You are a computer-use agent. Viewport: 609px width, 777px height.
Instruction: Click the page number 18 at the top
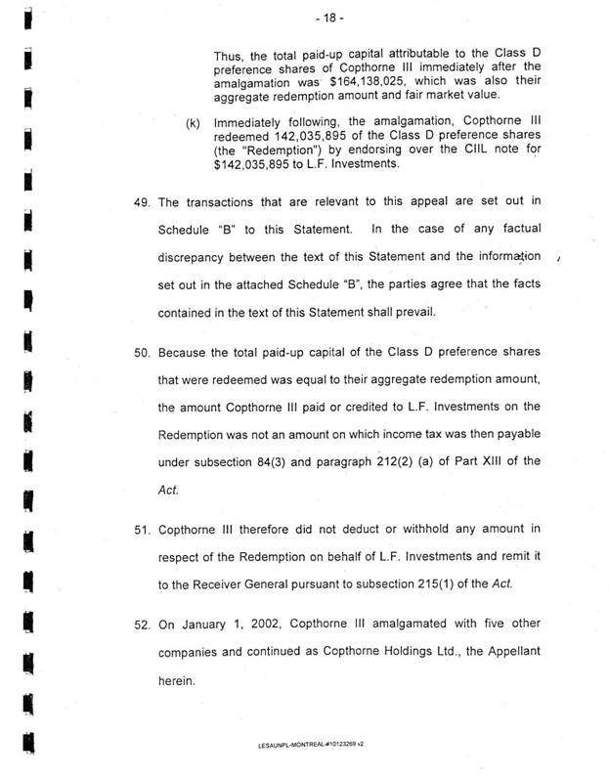point(305,20)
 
